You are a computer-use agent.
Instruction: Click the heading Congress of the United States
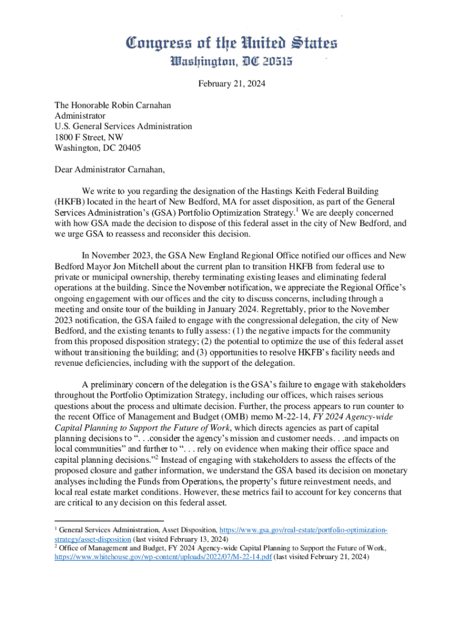231,43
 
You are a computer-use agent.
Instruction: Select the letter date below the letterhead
231,84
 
